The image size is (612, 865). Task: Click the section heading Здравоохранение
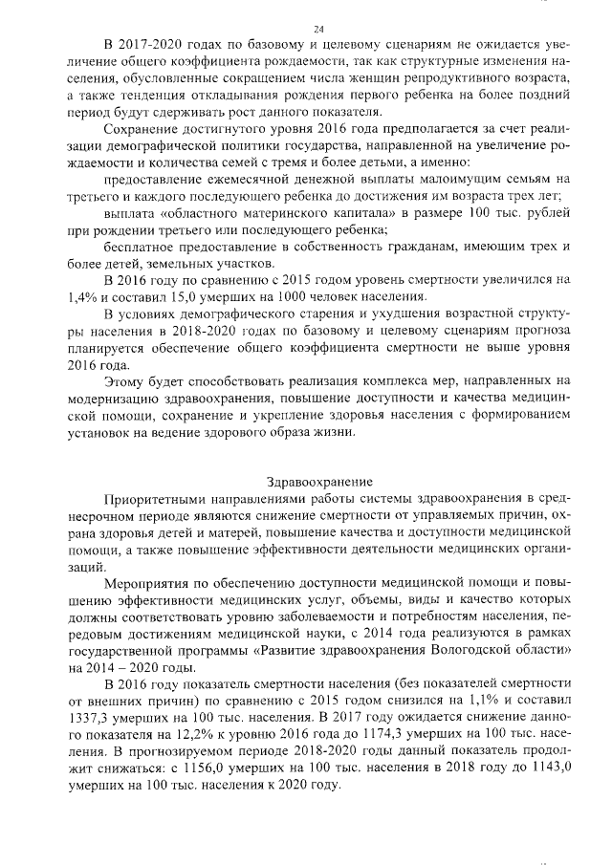pyautogui.click(x=319, y=482)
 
